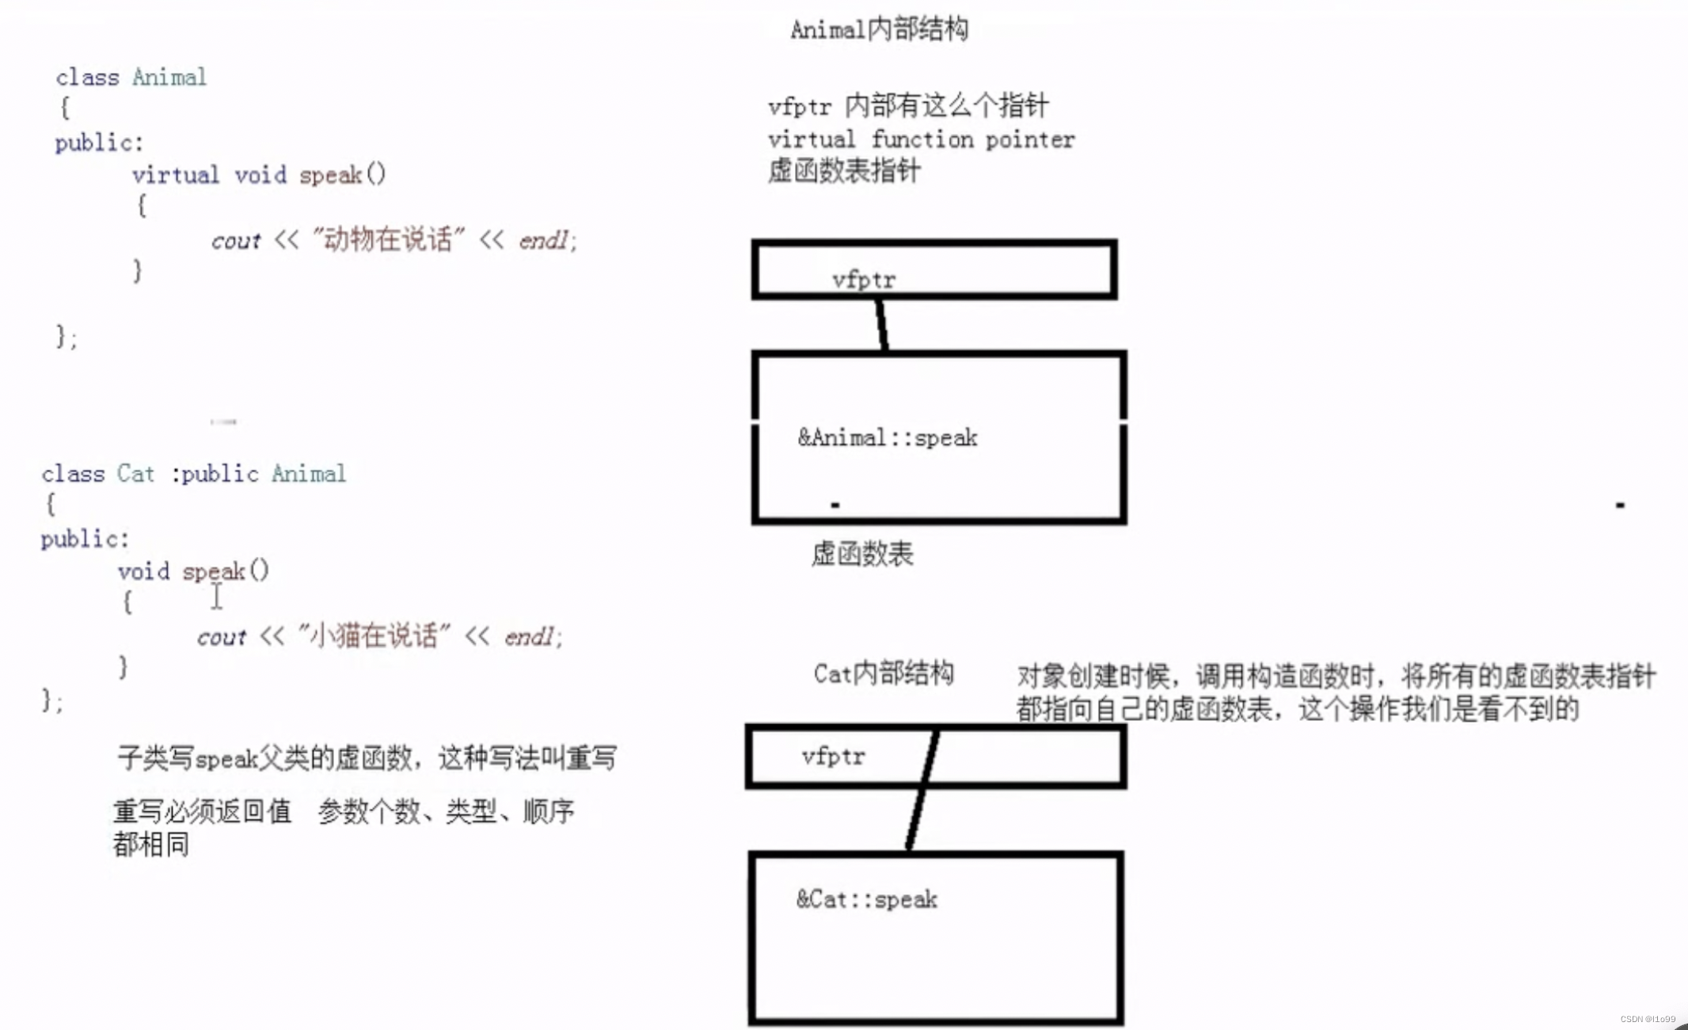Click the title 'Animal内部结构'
pyautogui.click(x=879, y=30)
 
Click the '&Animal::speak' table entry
pyautogui.click(x=888, y=437)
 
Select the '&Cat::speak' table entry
pyautogui.click(x=867, y=899)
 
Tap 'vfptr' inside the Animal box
pyautogui.click(x=864, y=280)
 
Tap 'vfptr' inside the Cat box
pyautogui.click(x=833, y=757)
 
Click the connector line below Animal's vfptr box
pyautogui.click(x=882, y=325)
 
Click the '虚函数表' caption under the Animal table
pyautogui.click(x=862, y=554)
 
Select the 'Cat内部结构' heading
pyautogui.click(x=884, y=673)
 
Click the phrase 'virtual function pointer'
pyautogui.click(x=921, y=139)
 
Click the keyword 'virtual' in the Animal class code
pyautogui.click(x=175, y=174)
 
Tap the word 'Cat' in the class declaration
pyautogui.click(x=135, y=474)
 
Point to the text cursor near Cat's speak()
pyautogui.click(x=217, y=597)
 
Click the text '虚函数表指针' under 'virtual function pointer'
pyautogui.click(x=844, y=171)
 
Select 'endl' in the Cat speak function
pyautogui.click(x=530, y=636)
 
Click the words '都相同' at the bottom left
pyautogui.click(x=150, y=845)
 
